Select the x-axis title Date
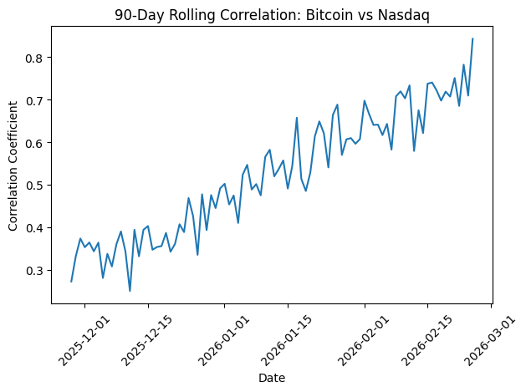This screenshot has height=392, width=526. coord(272,379)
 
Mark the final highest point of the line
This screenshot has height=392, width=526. coord(472,38)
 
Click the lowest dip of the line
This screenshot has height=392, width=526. coord(130,291)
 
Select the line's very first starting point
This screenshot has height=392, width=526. coord(71,281)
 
